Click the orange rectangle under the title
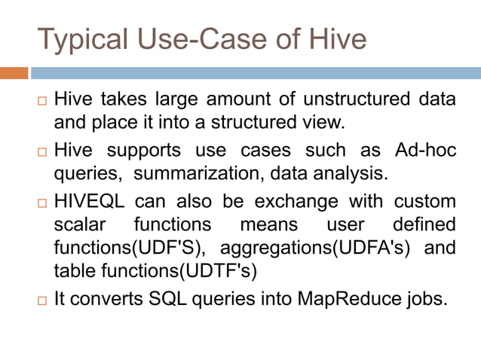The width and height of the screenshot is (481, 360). (14, 73)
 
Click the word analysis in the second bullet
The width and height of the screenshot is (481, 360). (347, 174)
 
